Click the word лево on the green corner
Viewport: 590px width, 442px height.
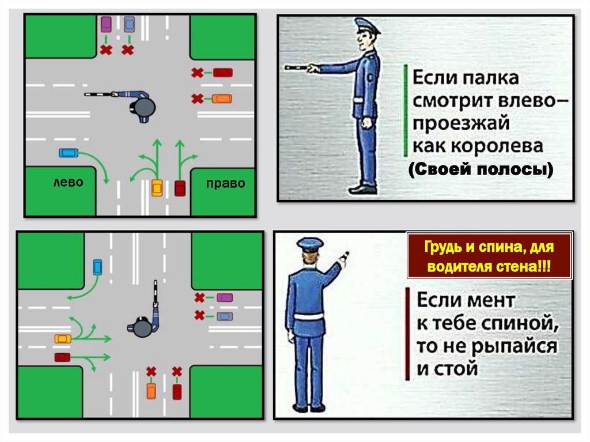[68, 183]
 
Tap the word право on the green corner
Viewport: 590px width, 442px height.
[225, 183]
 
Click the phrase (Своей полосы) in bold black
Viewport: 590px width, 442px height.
[481, 169]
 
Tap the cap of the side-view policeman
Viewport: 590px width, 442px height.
[366, 25]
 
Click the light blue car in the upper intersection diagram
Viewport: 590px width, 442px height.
[69, 153]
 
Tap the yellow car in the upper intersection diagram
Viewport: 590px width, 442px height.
[157, 188]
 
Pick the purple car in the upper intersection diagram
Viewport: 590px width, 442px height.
[106, 24]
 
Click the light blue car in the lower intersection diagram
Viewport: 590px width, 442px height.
[97, 267]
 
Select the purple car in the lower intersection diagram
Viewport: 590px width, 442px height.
[225, 298]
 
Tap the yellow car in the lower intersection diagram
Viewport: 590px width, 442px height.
[63, 339]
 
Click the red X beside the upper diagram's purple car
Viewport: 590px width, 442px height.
[106, 50]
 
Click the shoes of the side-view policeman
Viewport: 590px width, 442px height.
[363, 190]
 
